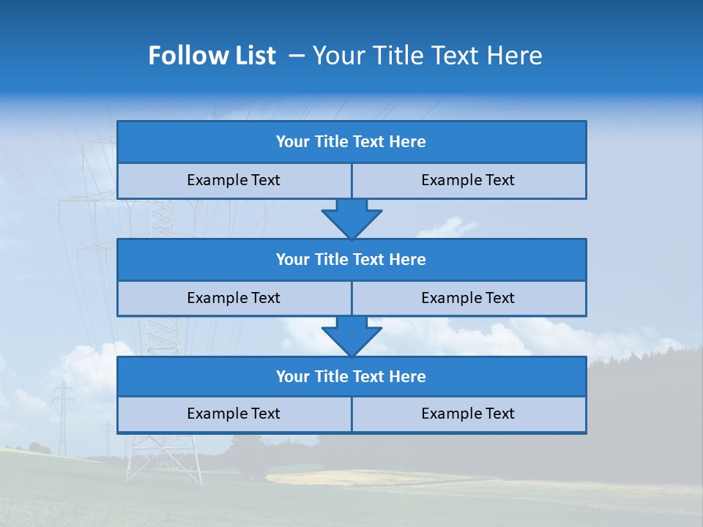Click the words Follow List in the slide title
pyautogui.click(x=212, y=56)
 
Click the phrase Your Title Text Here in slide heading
pyautogui.click(x=427, y=56)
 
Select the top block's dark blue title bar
pyautogui.click(x=351, y=142)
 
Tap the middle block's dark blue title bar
pyautogui.click(x=351, y=260)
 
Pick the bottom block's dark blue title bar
pyautogui.click(x=351, y=377)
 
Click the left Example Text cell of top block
pyautogui.click(x=234, y=180)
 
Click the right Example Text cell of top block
pyautogui.click(x=468, y=180)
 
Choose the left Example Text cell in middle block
pyautogui.click(x=234, y=298)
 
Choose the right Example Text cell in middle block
pyautogui.click(x=468, y=298)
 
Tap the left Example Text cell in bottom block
pyautogui.click(x=234, y=414)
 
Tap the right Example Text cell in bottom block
pyautogui.click(x=468, y=414)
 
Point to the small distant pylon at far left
pyautogui.click(x=63, y=417)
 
